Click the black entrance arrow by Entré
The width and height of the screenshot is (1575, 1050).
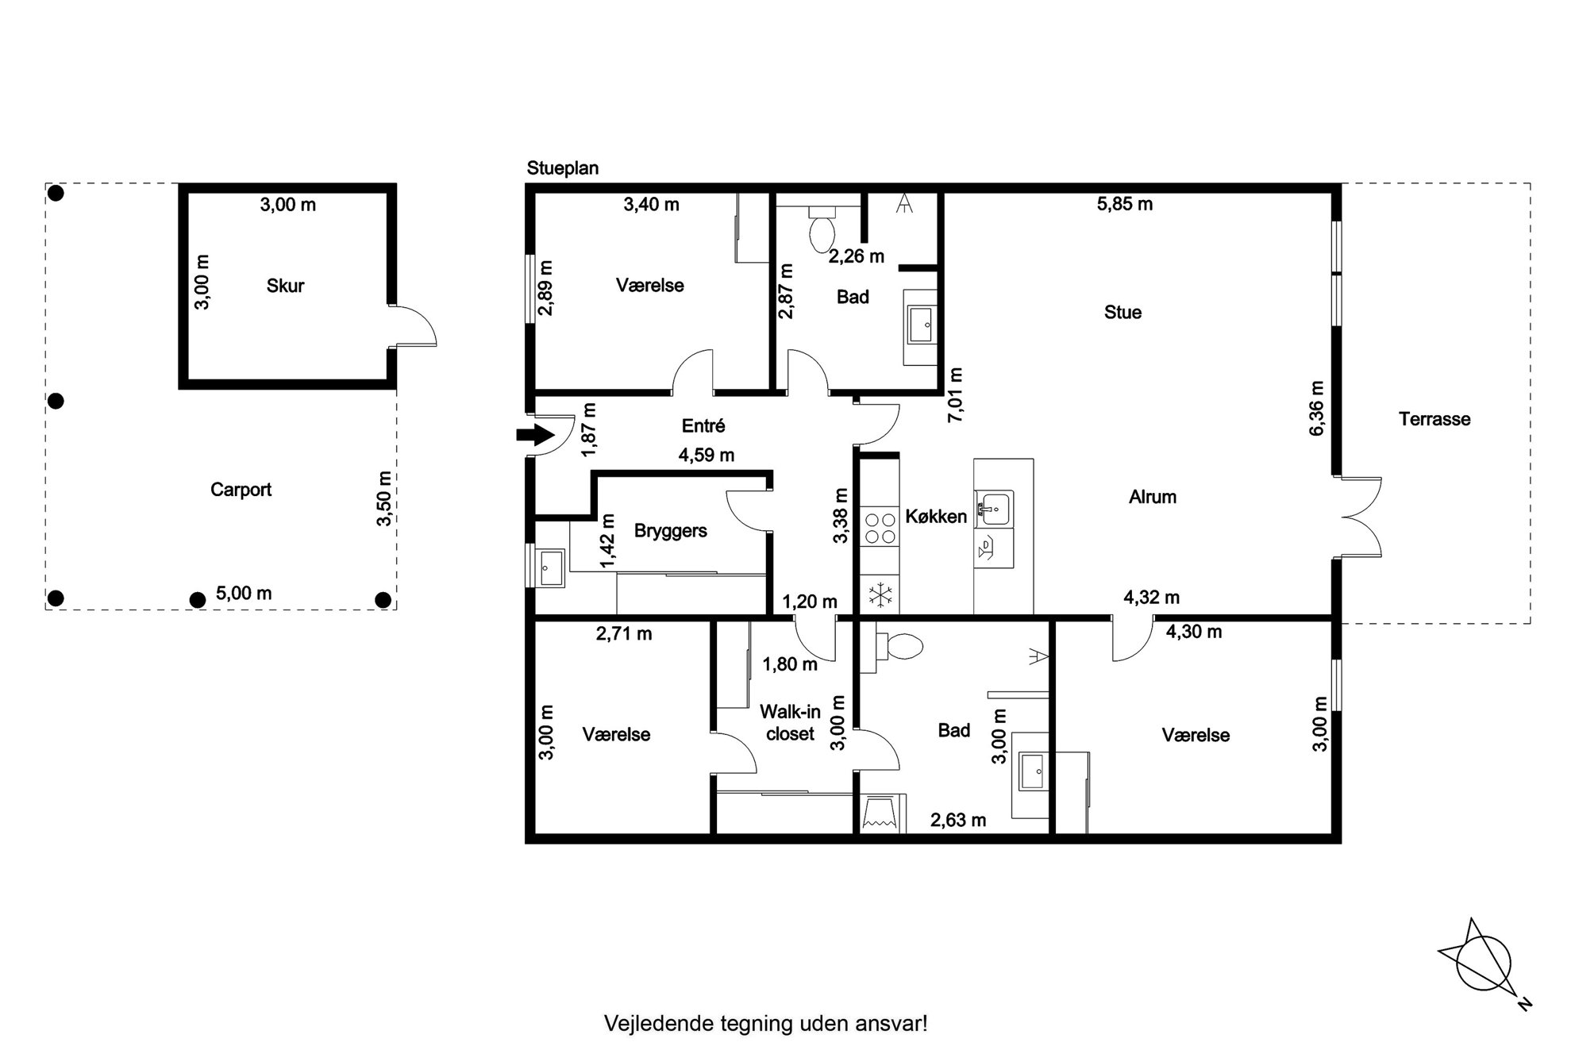point(535,434)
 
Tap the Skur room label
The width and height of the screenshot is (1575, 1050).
point(285,286)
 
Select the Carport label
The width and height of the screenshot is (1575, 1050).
point(241,490)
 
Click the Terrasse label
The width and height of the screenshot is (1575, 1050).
point(1434,419)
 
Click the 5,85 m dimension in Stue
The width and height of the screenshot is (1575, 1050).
point(1125,204)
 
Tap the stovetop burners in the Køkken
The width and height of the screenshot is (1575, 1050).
point(880,528)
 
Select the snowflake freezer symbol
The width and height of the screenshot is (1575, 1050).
point(880,594)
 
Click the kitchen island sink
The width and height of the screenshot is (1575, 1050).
point(994,508)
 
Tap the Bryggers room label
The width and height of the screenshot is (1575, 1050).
point(671,531)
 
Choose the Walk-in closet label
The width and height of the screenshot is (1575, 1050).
point(790,723)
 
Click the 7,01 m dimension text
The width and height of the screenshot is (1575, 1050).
point(955,394)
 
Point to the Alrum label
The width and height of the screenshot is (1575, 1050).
point(1153,498)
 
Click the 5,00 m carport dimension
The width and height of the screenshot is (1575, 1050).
point(244,594)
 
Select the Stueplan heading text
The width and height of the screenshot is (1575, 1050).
point(563,168)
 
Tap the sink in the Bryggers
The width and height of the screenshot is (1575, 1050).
point(550,567)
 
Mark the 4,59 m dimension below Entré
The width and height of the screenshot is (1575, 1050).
point(707,456)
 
